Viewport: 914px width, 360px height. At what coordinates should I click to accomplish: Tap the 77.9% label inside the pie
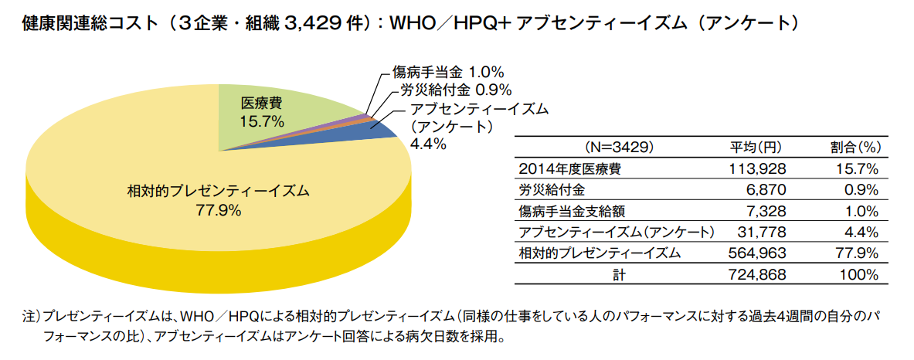(219, 209)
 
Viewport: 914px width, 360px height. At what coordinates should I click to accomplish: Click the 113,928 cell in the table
(758, 168)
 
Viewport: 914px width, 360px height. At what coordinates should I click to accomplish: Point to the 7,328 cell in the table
(766, 211)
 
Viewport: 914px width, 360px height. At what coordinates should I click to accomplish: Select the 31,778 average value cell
(762, 232)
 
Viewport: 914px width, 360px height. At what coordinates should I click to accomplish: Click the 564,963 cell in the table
(758, 253)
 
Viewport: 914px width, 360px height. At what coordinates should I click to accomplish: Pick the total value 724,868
(758, 274)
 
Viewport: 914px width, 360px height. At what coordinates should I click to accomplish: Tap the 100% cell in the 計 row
(861, 274)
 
